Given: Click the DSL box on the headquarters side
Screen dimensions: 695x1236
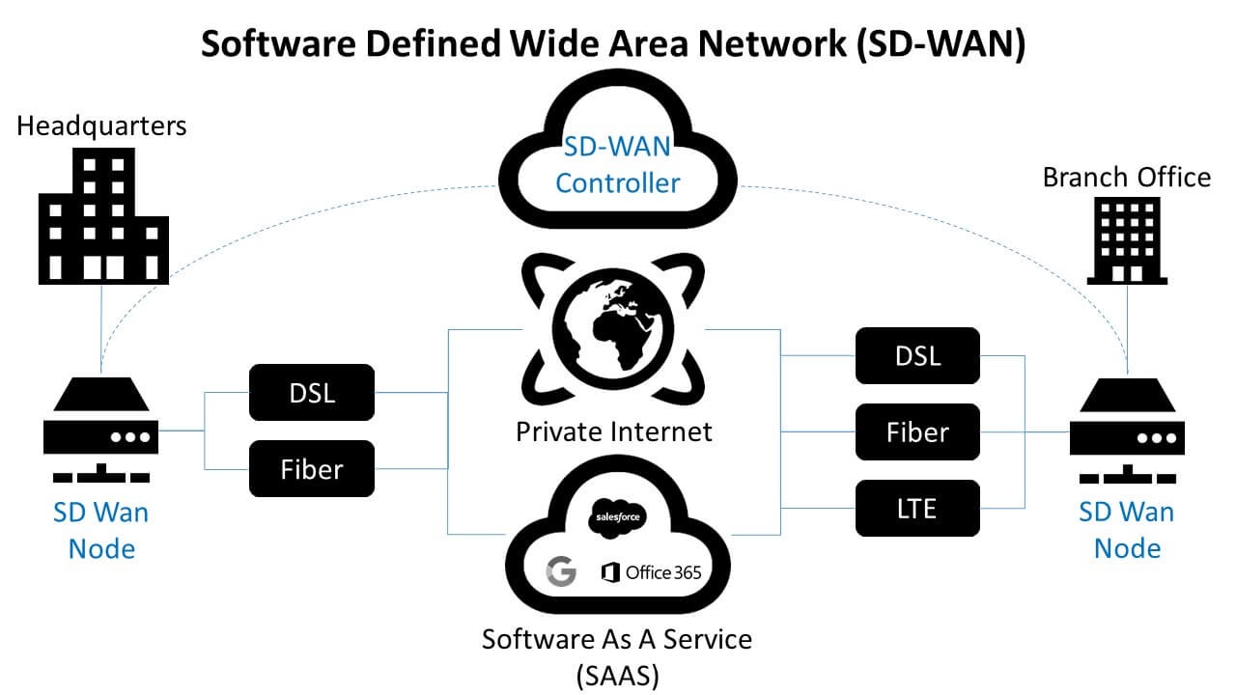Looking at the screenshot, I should click(x=311, y=392).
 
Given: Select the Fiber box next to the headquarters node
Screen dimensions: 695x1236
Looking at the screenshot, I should click(x=311, y=469).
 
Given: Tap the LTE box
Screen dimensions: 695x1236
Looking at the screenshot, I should click(x=916, y=508).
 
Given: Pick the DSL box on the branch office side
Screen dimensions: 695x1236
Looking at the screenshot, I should click(x=916, y=355).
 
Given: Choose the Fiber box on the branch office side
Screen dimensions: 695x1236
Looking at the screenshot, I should click(x=916, y=431).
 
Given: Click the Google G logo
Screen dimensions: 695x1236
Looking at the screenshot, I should click(x=560, y=571).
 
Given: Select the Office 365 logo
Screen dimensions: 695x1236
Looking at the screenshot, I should click(x=651, y=572).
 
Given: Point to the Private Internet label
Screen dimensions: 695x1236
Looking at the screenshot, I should click(x=614, y=431).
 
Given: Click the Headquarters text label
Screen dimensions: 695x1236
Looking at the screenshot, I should click(x=101, y=125).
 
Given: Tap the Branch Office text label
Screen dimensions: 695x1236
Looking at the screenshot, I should click(x=1126, y=178).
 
